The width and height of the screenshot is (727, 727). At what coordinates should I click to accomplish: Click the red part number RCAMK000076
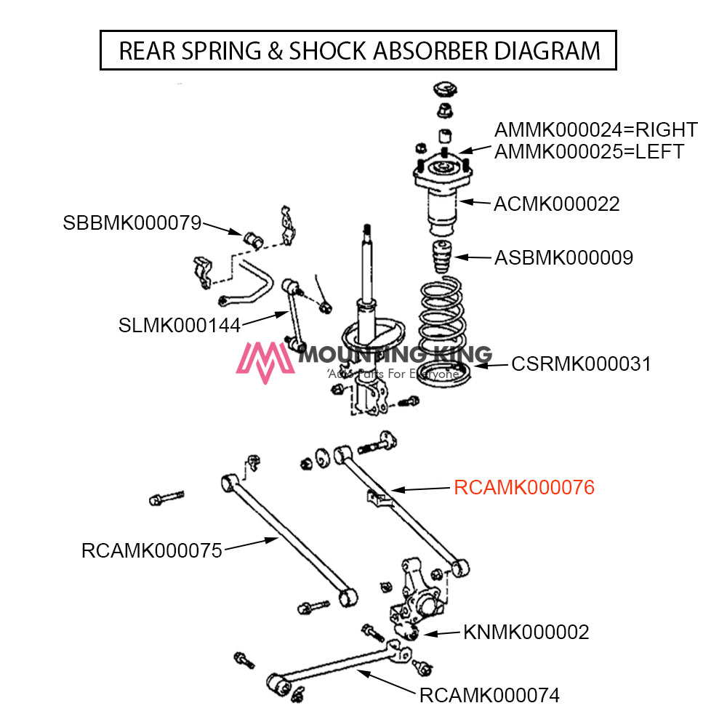[x=523, y=487]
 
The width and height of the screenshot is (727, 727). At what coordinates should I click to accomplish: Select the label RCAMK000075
[x=151, y=550]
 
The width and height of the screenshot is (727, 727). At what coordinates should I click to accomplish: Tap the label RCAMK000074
[x=489, y=695]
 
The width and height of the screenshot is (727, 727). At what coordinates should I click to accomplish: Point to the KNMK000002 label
[x=526, y=632]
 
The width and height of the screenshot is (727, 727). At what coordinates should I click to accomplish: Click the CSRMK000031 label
[x=581, y=363]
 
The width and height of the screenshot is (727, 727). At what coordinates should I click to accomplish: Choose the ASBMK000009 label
[x=563, y=257]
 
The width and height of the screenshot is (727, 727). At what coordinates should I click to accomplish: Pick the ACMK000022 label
[x=557, y=204]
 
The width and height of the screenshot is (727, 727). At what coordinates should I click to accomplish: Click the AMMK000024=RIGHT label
[x=596, y=130]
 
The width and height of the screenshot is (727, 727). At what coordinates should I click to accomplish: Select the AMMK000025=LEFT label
[x=589, y=152]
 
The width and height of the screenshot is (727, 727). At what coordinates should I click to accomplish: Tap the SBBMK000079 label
[x=132, y=223]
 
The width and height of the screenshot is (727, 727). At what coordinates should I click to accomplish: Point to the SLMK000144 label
[x=179, y=325]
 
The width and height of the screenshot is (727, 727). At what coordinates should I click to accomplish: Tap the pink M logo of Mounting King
[x=266, y=362]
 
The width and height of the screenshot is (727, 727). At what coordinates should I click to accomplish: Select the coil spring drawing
[x=441, y=320]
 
